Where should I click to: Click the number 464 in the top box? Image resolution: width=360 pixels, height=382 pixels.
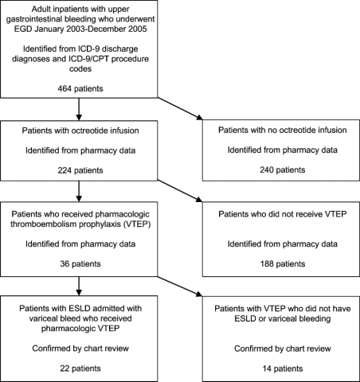tap(65, 88)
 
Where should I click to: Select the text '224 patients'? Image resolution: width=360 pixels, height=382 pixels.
tap(80, 170)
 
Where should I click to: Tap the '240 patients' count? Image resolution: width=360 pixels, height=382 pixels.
tap(283, 170)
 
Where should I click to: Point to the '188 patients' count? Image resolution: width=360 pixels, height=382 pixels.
tap(283, 264)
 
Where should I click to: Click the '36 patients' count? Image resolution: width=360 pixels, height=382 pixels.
tap(80, 264)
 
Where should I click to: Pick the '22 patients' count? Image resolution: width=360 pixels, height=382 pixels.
tap(80, 368)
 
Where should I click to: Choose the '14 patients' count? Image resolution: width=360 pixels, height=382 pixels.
tap(283, 368)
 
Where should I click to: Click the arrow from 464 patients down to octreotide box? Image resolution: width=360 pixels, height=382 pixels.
tap(79, 109)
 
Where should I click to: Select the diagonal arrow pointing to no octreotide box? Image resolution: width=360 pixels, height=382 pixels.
tap(180, 109)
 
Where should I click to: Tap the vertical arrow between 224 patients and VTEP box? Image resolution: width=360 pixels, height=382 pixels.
tap(79, 191)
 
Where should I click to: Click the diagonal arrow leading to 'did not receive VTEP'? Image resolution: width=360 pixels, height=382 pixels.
tap(180, 191)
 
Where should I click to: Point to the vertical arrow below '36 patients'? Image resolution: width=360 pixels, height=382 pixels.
tap(79, 286)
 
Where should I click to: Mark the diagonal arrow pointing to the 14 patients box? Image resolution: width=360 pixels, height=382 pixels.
tap(180, 286)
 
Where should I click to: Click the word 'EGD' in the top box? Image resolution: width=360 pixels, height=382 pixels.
tap(23, 29)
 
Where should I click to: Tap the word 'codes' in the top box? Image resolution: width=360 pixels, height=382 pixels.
tap(80, 68)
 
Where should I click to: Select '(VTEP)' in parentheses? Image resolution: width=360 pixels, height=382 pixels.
tap(137, 224)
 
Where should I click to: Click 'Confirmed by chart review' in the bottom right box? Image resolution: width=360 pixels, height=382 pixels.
tap(283, 349)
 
